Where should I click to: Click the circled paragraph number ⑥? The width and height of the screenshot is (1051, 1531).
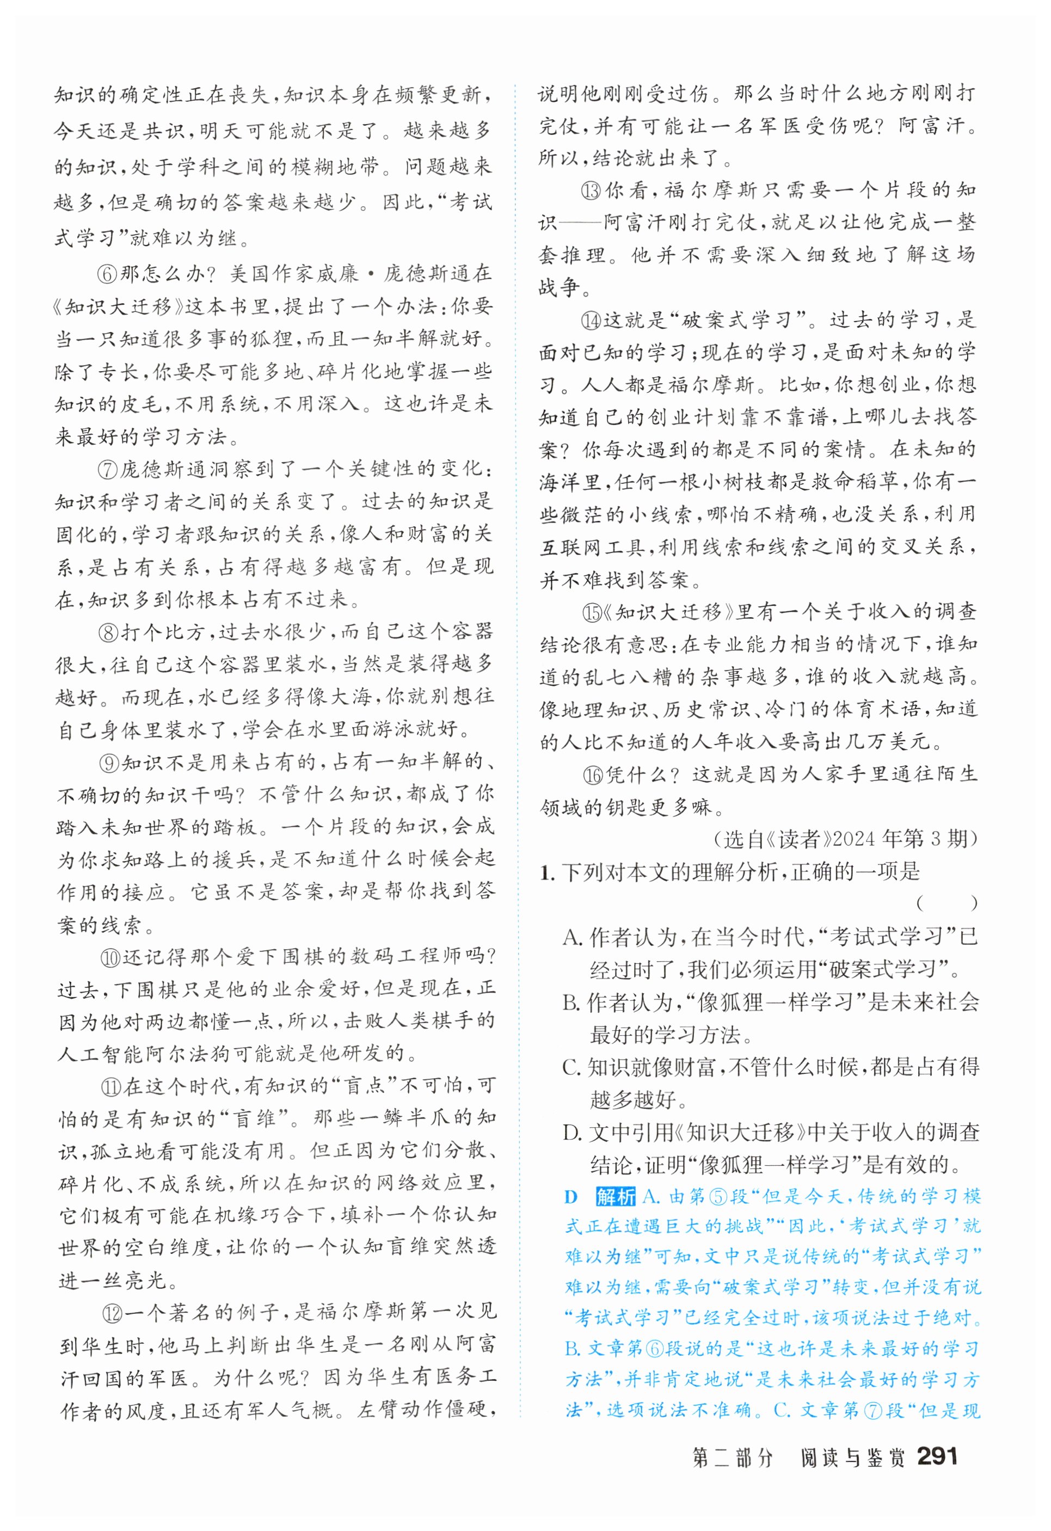(x=107, y=273)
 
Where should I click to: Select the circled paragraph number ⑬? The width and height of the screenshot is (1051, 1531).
(x=591, y=191)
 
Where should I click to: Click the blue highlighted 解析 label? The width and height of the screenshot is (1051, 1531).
(x=616, y=1196)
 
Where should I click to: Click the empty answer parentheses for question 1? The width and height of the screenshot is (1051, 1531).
(x=946, y=903)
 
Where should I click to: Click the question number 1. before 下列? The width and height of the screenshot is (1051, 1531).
(x=547, y=873)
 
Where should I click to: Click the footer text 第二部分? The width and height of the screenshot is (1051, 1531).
(x=732, y=1456)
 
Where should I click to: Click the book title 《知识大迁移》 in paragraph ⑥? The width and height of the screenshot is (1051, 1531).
(x=118, y=307)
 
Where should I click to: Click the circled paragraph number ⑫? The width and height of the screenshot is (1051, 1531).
(x=112, y=1312)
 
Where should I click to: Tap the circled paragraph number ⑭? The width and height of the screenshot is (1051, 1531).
(x=591, y=321)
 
